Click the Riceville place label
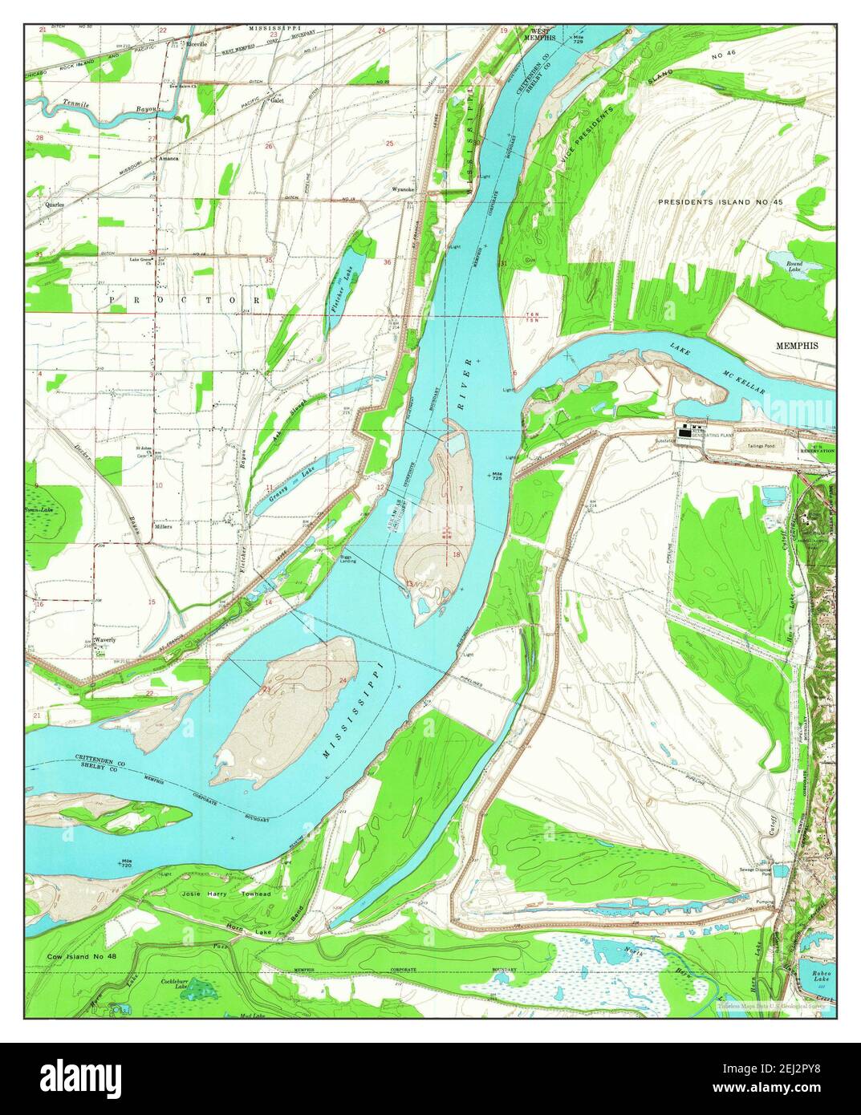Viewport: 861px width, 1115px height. (x=197, y=43)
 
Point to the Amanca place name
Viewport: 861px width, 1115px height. (x=168, y=159)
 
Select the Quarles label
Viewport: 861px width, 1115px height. (x=55, y=205)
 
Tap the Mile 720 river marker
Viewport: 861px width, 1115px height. (x=125, y=864)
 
